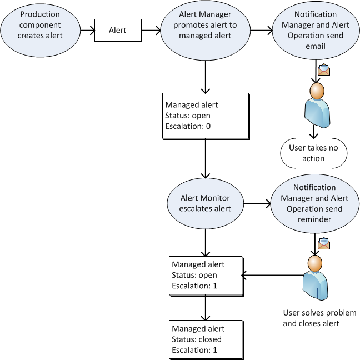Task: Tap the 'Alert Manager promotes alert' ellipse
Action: [206, 30]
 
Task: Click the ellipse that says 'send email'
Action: [314, 30]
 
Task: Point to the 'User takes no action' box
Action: [313, 153]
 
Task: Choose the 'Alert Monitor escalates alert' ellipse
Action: [206, 203]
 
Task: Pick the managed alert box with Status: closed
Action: [206, 339]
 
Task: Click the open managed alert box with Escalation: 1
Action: [206, 275]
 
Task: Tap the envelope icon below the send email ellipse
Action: [324, 70]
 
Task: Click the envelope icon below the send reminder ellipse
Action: [324, 243]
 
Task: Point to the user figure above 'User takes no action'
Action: [316, 106]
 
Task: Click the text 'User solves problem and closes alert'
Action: [319, 318]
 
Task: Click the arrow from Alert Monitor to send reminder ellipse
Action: [257, 203]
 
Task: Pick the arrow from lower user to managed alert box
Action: [272, 274]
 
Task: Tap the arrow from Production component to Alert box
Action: [86, 31]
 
